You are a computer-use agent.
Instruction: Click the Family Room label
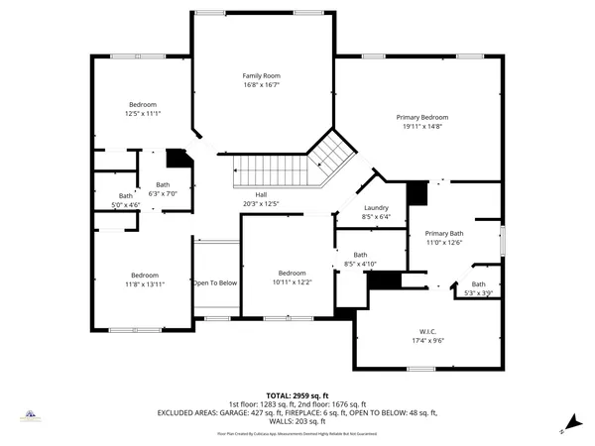tap(262, 75)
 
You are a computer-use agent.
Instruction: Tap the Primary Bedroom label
tap(422, 117)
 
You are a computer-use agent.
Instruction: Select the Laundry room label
tap(376, 207)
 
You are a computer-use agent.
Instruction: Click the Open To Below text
tap(215, 283)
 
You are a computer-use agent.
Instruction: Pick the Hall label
tap(261, 194)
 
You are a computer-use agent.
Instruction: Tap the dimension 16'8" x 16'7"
tap(262, 85)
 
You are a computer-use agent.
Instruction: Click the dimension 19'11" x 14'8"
tap(422, 127)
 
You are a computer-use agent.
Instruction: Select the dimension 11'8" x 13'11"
tap(145, 284)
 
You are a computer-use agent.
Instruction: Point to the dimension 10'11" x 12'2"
tap(292, 282)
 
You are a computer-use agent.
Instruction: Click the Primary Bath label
tap(444, 233)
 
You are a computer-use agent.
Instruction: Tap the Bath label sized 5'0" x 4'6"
tap(126, 195)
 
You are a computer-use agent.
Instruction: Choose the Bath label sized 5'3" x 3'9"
tap(479, 284)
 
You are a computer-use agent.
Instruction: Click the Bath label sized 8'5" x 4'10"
tap(360, 255)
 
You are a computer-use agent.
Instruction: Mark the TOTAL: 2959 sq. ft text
tap(297, 394)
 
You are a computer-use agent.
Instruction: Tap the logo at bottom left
tap(31, 417)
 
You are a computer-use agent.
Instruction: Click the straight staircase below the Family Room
tap(271, 170)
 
